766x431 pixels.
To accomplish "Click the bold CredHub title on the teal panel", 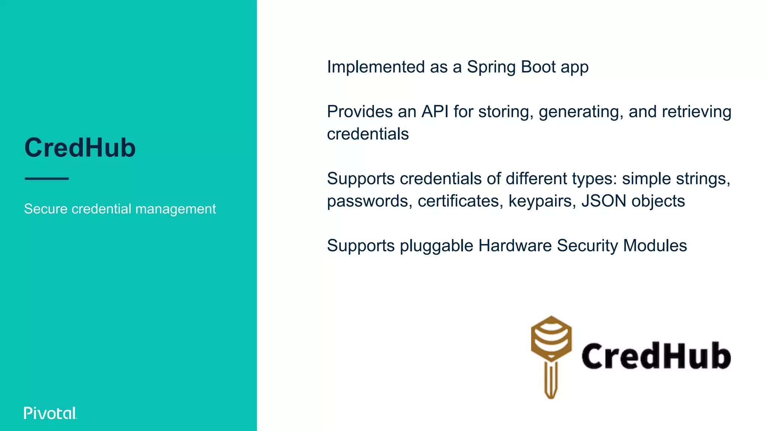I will [80, 148].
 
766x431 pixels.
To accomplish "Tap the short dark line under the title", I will [47, 179].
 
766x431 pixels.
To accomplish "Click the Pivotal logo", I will [50, 413].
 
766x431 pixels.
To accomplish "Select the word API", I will [435, 111].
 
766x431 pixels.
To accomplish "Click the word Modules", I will [655, 246].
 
